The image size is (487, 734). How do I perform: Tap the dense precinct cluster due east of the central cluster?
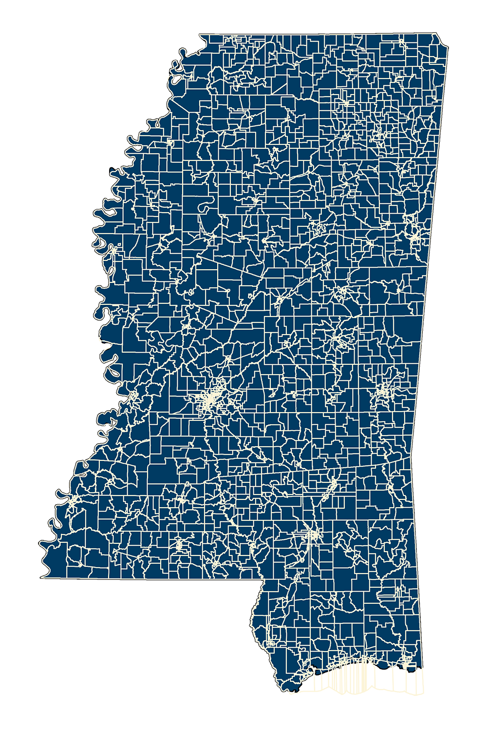point(385,390)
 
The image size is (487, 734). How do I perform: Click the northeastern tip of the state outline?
point(441,34)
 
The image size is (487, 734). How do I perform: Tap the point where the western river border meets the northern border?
point(201,34)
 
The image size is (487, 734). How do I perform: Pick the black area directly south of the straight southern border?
point(146,634)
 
